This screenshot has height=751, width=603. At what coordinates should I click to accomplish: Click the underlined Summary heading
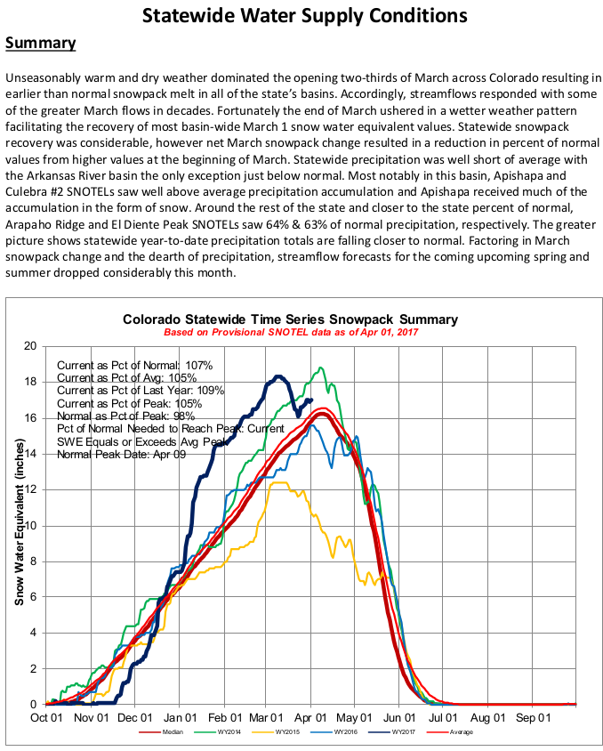40,44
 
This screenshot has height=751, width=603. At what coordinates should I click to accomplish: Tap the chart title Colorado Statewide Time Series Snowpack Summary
290,319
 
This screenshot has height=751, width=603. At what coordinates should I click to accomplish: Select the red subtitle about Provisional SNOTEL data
290,332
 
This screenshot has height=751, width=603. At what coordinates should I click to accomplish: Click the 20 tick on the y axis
31,346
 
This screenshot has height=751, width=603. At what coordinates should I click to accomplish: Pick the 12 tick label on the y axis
31,489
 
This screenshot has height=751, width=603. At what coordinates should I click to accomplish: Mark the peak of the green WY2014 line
321,367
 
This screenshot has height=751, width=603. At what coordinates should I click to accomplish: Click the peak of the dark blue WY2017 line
278,376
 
